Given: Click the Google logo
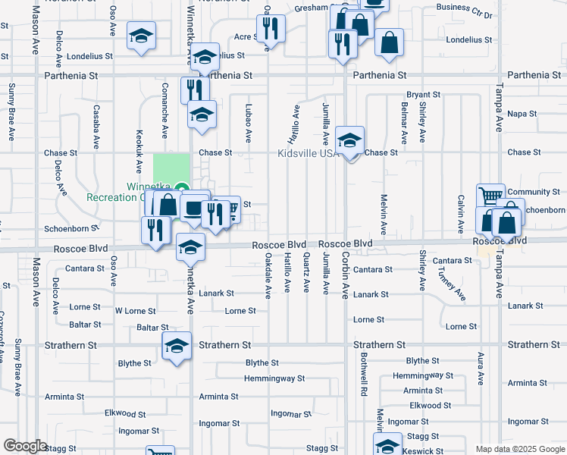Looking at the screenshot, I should pyautogui.click(x=25, y=446).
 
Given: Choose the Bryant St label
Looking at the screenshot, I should pyautogui.click(x=424, y=95).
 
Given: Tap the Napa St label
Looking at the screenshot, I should pyautogui.click(x=522, y=114).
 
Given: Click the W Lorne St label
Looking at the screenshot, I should pyautogui.click(x=135, y=311).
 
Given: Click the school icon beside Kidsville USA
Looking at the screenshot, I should pyautogui.click(x=349, y=141).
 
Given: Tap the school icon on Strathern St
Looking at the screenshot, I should pyautogui.click(x=177, y=347).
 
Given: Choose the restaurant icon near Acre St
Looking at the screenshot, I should pyautogui.click(x=271, y=29).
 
